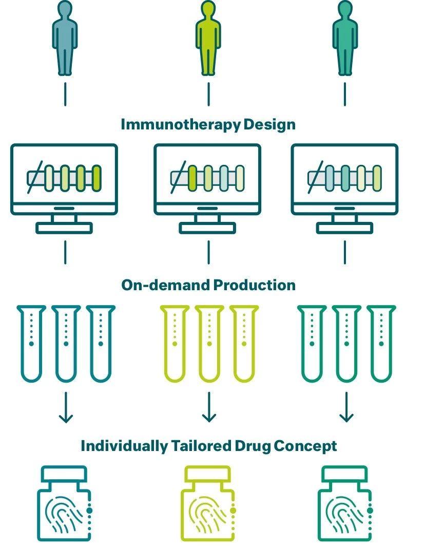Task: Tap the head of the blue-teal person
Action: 65,10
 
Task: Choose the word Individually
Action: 123,446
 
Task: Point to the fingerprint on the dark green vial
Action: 342,519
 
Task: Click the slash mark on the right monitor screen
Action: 314,177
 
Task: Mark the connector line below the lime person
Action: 208,94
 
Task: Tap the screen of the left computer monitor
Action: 64,178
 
